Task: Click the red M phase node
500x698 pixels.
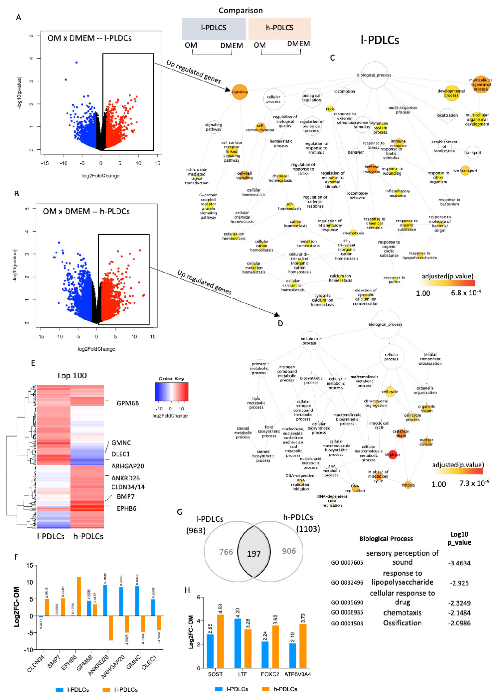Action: (393, 455)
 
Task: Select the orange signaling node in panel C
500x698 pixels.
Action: (240, 92)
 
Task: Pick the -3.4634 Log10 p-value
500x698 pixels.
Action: (459, 563)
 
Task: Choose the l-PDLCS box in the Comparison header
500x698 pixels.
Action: (214, 28)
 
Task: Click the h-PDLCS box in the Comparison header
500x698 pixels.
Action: (280, 28)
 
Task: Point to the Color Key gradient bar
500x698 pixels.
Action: (171, 392)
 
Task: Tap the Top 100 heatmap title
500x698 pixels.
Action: (71, 375)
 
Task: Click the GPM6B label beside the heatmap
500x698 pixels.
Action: (127, 403)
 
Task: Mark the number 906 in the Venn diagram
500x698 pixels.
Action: (289, 551)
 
